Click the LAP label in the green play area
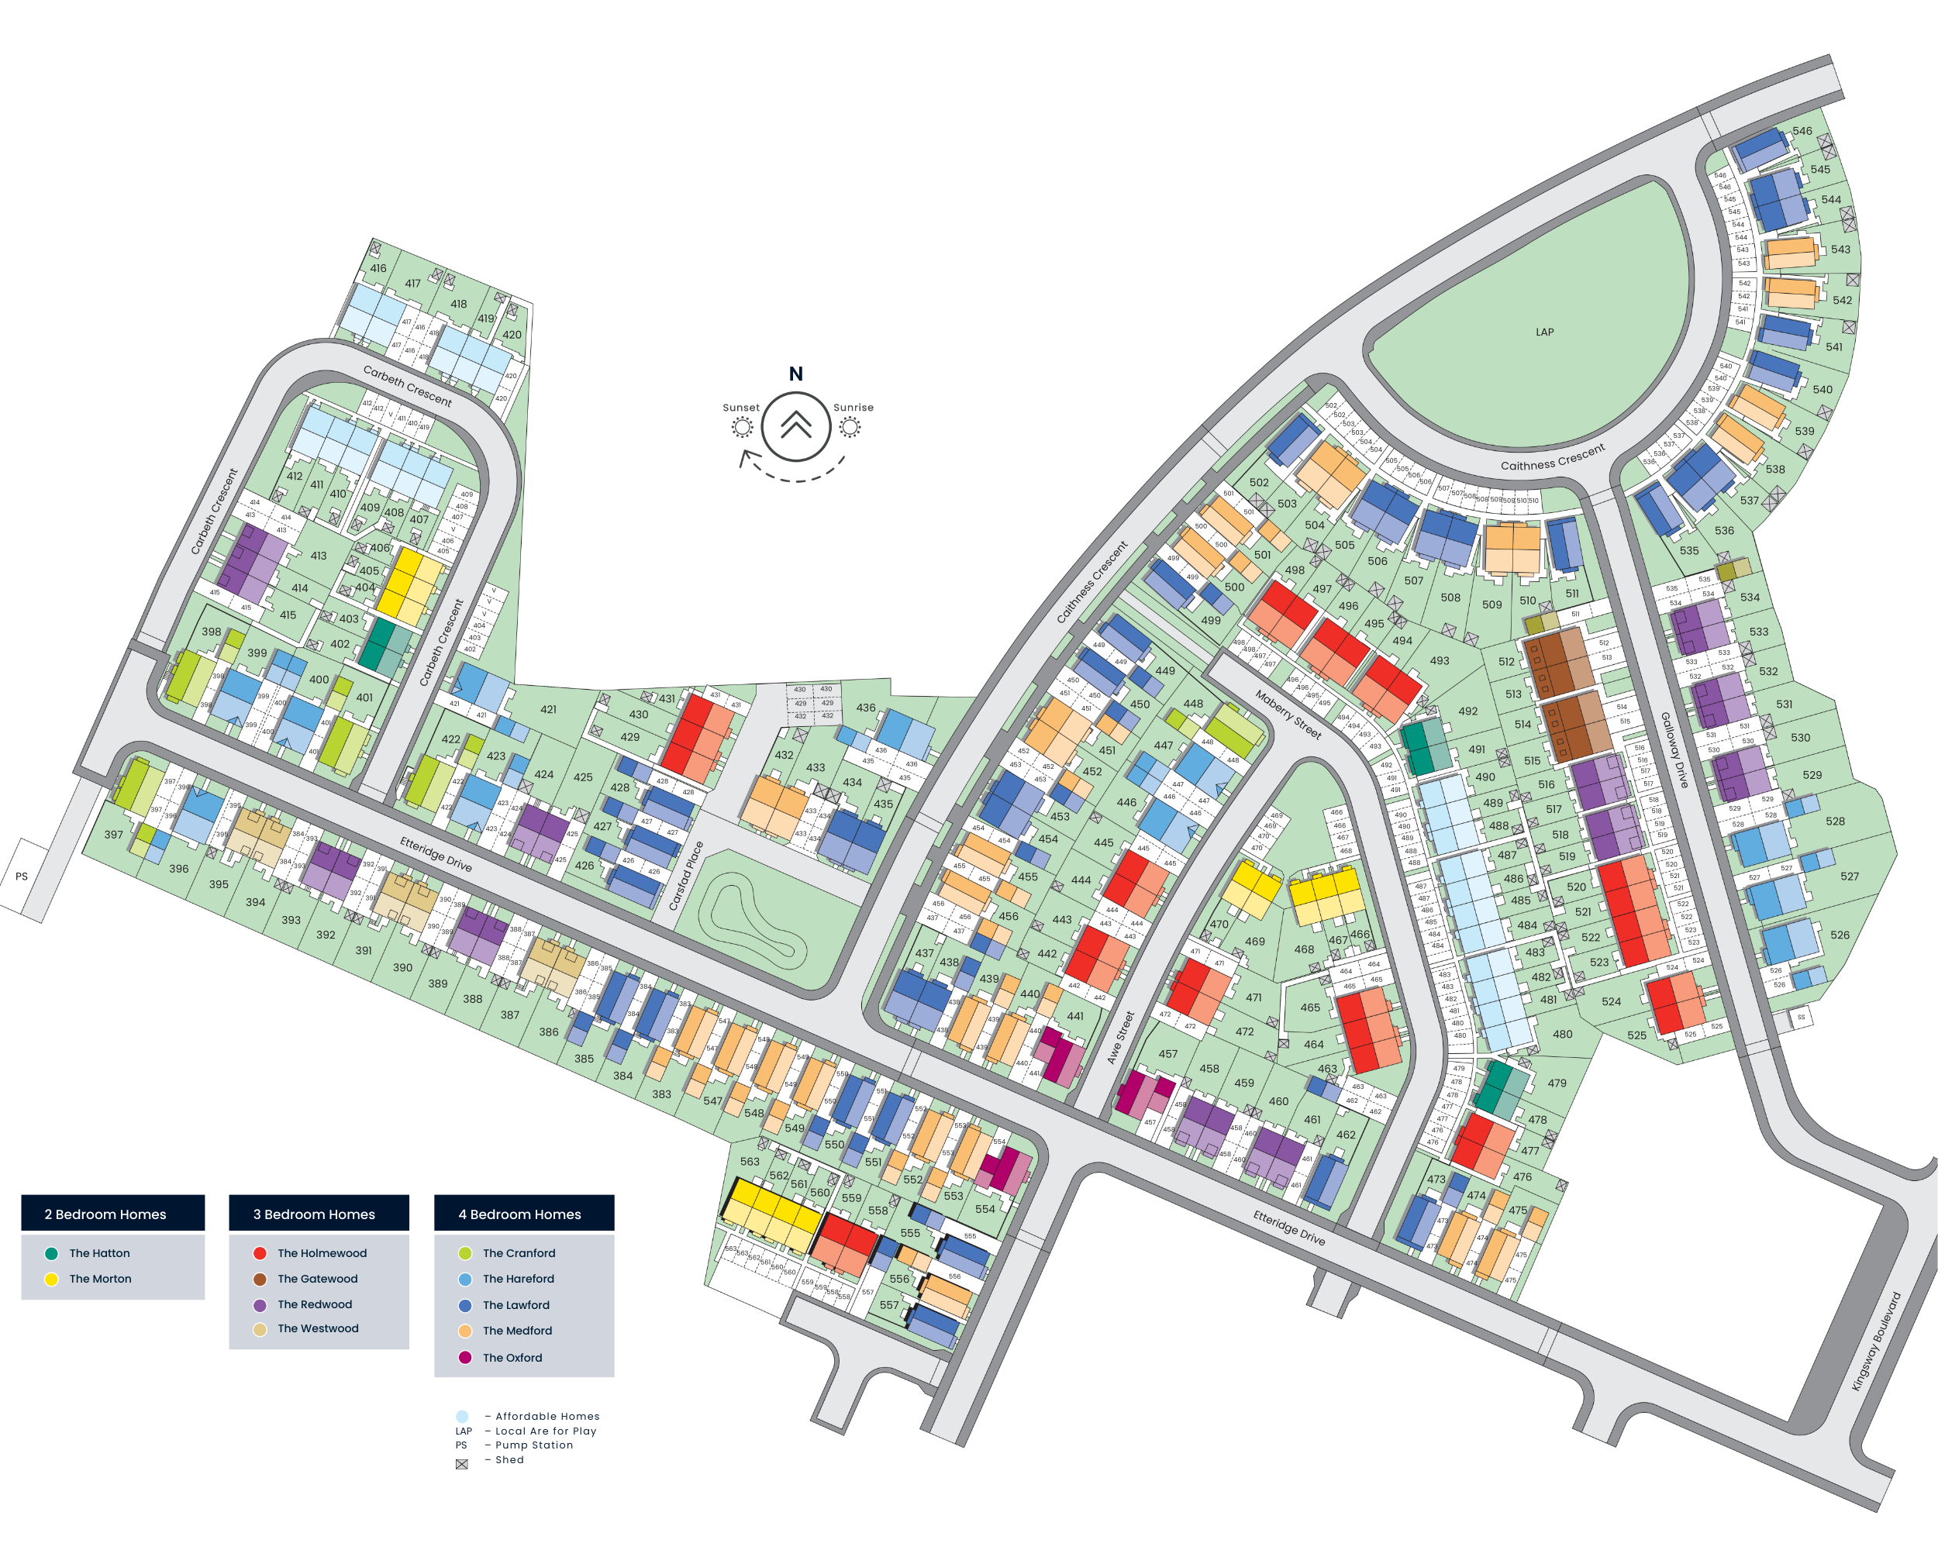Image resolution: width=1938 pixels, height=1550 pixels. pos(1544,332)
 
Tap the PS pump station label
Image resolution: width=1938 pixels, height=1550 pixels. pos(22,876)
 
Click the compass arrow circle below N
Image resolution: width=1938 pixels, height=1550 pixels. pos(795,426)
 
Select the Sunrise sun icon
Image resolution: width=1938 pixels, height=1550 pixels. pos(850,428)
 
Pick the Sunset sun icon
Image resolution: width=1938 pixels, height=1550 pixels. pos(742,428)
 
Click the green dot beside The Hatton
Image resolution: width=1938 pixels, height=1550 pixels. pos(51,1253)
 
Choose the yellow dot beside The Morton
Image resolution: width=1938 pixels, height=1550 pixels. pos(51,1279)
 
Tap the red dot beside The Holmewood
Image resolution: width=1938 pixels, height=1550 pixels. pos(260,1253)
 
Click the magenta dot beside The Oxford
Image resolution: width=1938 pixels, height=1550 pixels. pos(464,1358)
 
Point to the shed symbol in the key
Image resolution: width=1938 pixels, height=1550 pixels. pos(462,1464)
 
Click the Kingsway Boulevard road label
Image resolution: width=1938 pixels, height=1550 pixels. pos(1877,1342)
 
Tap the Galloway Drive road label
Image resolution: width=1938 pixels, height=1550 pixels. pos(1674,750)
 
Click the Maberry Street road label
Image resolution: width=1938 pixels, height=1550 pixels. pos(1288,715)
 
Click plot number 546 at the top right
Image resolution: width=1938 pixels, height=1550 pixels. pos(1802,131)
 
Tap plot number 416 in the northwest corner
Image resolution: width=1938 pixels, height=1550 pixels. pos(378,268)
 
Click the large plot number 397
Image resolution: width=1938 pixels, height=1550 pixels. pos(113,835)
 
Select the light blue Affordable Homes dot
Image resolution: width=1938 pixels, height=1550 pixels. pos(462,1416)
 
